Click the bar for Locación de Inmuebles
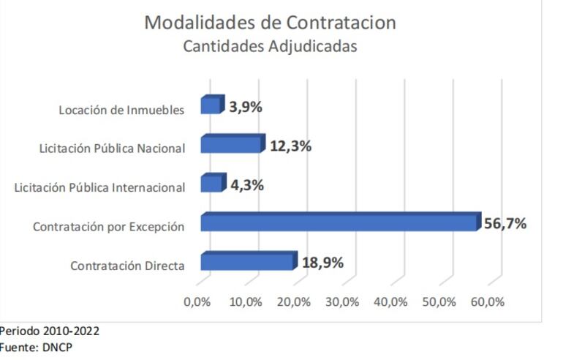point(211,105)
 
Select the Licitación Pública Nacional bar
point(231,144)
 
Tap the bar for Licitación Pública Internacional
point(212,183)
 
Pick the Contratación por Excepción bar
point(339,222)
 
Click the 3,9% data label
point(246,107)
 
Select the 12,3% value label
point(290,146)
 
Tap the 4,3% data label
point(247,185)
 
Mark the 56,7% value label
point(505,223)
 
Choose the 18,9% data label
point(322,263)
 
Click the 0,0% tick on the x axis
point(197,302)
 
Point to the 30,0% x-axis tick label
point(342,302)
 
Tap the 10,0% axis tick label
point(246,302)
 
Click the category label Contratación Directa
point(127,266)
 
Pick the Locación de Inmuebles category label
point(121,110)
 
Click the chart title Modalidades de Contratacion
point(270,22)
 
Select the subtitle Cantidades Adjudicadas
point(270,46)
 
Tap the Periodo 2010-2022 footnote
point(50,331)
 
